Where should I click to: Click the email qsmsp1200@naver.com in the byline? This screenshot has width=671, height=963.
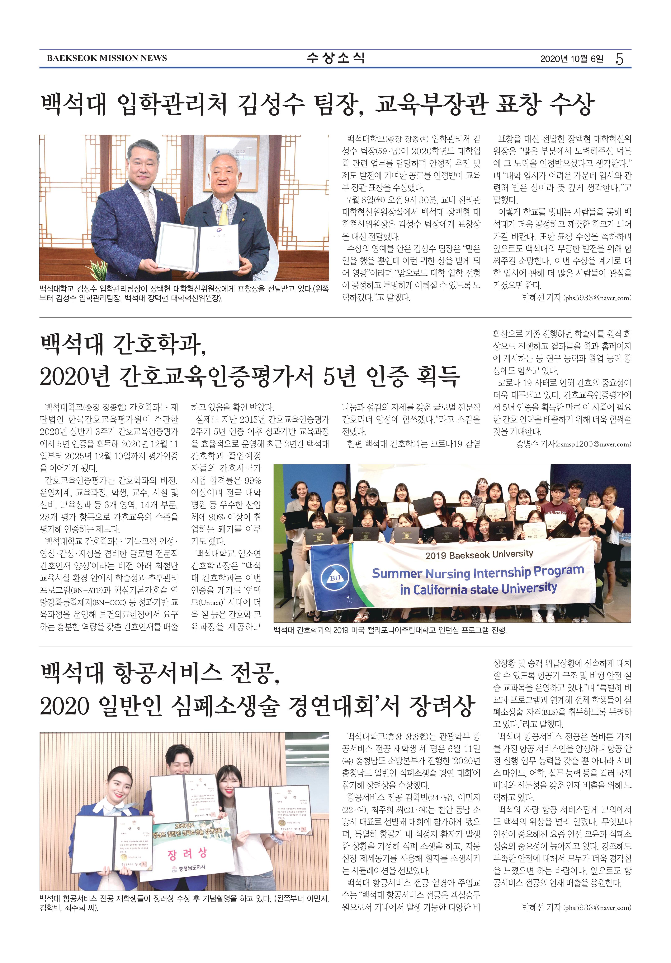(x=594, y=444)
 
